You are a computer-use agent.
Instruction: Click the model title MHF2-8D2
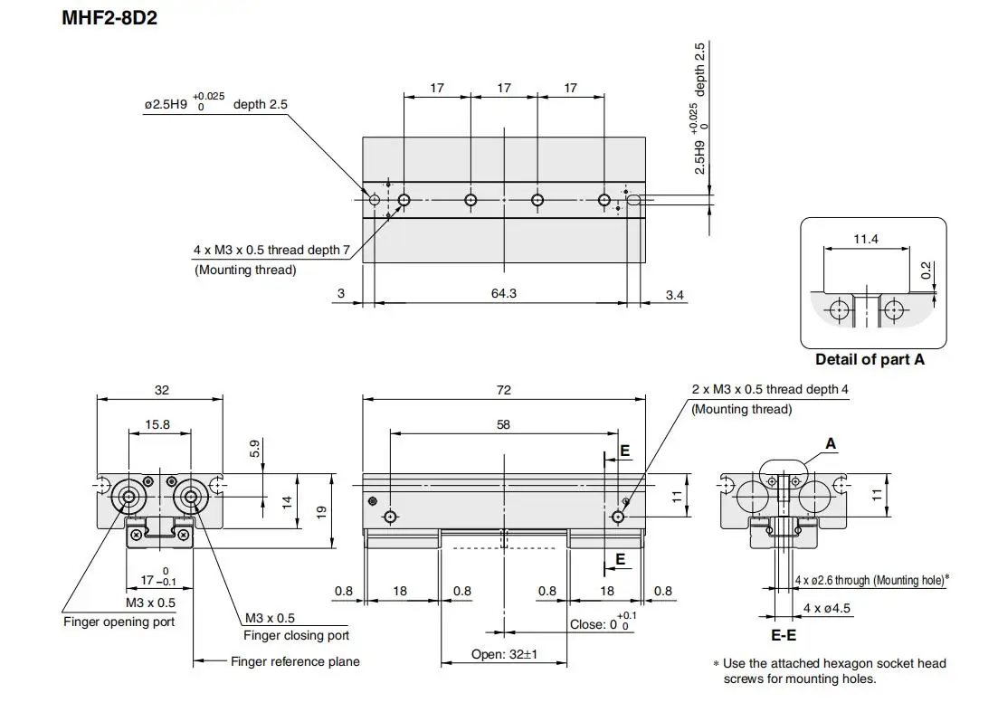click(109, 18)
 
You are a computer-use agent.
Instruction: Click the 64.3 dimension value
click(503, 293)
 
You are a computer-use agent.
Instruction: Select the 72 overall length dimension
click(503, 390)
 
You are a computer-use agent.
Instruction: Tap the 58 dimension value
click(503, 424)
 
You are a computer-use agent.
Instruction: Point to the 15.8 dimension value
click(157, 424)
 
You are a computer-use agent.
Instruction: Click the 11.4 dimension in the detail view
click(866, 239)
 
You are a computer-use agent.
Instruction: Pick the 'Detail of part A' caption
click(870, 359)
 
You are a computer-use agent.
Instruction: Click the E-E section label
click(784, 635)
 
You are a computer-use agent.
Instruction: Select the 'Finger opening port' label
click(119, 622)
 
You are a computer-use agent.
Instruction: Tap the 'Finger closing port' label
click(296, 635)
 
